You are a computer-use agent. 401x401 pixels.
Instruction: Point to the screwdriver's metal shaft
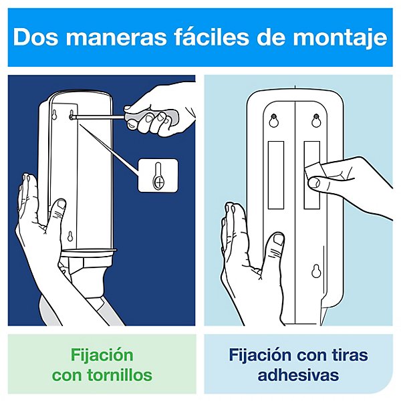tap(100, 116)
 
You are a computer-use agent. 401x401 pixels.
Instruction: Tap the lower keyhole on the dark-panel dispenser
tap(70, 236)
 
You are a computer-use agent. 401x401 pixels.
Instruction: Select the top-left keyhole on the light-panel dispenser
tap(273, 122)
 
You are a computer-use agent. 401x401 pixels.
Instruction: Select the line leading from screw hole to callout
tap(110, 144)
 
